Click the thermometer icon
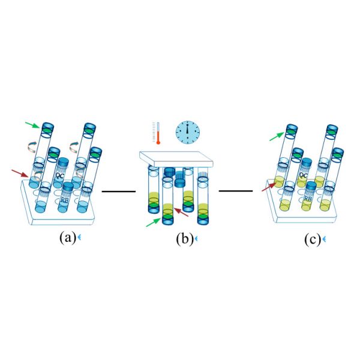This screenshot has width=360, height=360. (158, 133)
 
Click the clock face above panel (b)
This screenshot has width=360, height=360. (187, 131)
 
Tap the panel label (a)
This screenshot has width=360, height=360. (67, 238)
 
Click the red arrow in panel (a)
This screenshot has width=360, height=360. (20, 173)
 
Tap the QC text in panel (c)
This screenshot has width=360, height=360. (304, 177)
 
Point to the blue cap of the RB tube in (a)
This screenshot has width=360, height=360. (68, 187)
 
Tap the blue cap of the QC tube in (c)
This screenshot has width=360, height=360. (305, 162)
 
